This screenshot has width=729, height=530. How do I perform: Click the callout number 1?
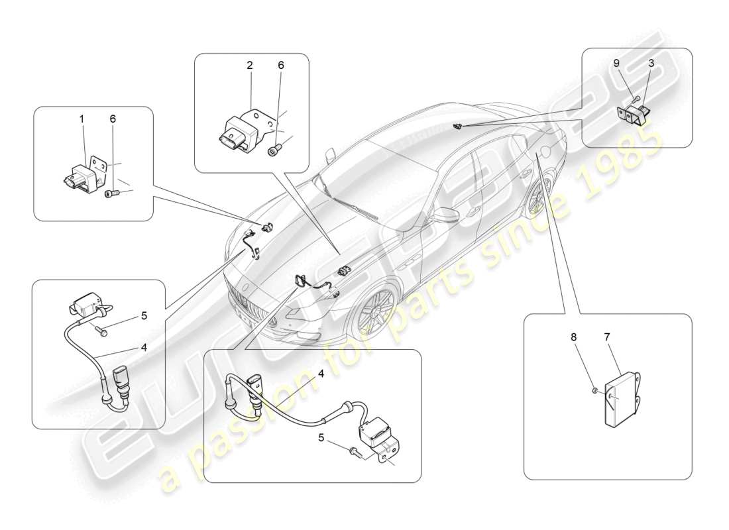[82, 119]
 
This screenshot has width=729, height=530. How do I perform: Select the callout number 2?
[250, 65]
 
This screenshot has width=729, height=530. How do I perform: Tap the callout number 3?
[651, 64]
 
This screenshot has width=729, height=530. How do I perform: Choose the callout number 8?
[574, 337]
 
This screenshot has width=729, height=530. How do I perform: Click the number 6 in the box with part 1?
[113, 119]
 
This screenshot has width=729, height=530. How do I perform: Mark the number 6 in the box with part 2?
[280, 65]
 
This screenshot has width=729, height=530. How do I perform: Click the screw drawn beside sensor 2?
[274, 151]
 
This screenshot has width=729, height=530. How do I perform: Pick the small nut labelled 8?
[594, 392]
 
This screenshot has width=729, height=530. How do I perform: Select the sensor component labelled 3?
[637, 115]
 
